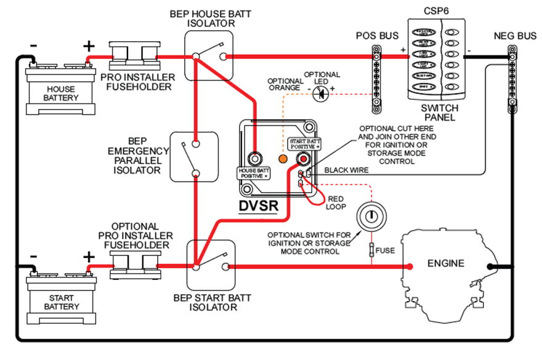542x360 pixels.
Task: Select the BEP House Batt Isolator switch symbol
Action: click(210, 56)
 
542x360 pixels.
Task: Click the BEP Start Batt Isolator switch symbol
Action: click(210, 266)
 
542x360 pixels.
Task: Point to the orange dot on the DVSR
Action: click(283, 159)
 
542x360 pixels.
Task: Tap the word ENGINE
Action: click(446, 263)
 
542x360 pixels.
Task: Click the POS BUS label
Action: click(377, 35)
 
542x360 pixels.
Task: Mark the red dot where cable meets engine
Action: click(409, 266)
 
